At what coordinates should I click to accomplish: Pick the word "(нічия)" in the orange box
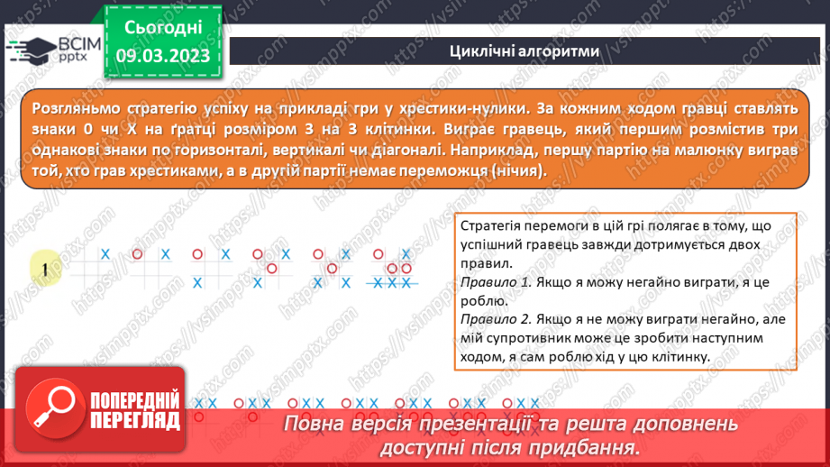pyautogui.click(x=511, y=170)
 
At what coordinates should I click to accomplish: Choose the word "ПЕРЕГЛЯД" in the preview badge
pyautogui.click(x=135, y=419)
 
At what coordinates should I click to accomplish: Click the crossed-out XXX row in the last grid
pyautogui.click(x=393, y=283)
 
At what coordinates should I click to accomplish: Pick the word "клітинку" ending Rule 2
pyautogui.click(x=677, y=356)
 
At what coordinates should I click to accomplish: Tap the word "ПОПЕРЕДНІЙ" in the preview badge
pyautogui.click(x=135, y=398)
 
